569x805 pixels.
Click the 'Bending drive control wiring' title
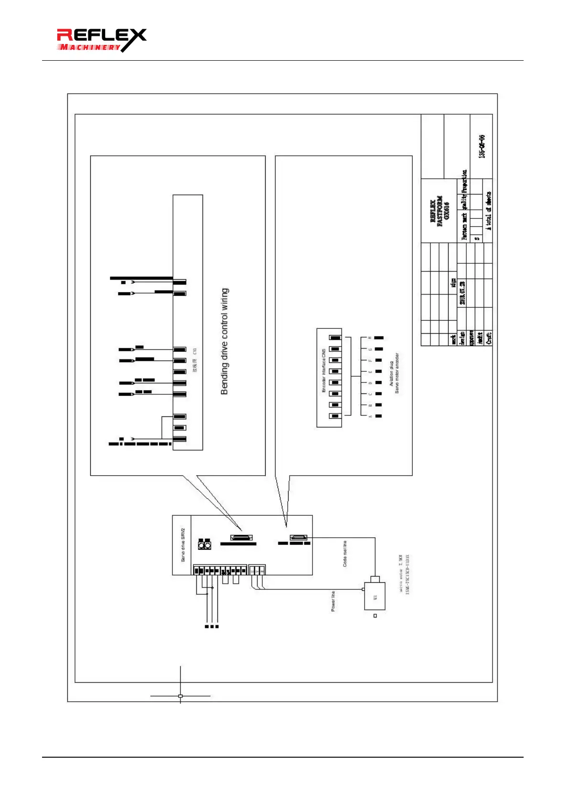pos(225,341)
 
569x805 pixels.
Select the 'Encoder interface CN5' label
pos(324,370)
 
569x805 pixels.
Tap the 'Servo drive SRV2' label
pos(183,545)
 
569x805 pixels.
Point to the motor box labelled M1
pos(375,596)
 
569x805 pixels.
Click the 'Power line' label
pos(333,601)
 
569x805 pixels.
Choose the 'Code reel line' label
pos(345,554)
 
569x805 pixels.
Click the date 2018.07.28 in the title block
pos(462,293)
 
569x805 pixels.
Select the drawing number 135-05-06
pos(482,147)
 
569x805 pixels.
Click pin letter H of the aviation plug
pos(370,338)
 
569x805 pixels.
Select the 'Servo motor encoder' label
pos(397,373)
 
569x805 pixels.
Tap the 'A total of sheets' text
pos(488,211)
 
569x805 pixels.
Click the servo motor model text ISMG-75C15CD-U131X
pos(407,574)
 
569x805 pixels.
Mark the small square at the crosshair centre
pos(180,696)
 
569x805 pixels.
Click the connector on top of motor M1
pos(375,579)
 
